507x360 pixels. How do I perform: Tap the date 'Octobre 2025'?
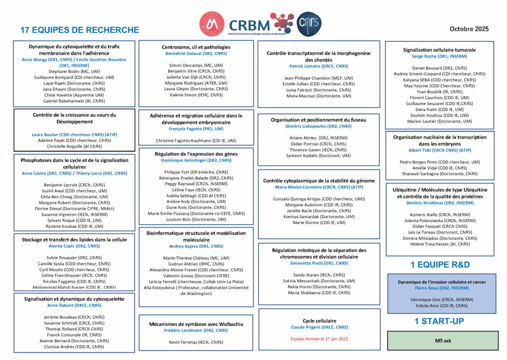pyautogui.click(x=469, y=29)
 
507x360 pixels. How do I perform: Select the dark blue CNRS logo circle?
pyautogui.click(x=310, y=24)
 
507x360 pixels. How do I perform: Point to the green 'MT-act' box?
pyautogui.click(x=440, y=340)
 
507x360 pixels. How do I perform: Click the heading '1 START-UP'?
pyautogui.click(x=440, y=322)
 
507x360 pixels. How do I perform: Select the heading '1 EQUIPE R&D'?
pyautogui.click(x=440, y=264)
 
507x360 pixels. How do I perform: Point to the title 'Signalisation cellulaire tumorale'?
pyautogui.click(x=440, y=50)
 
